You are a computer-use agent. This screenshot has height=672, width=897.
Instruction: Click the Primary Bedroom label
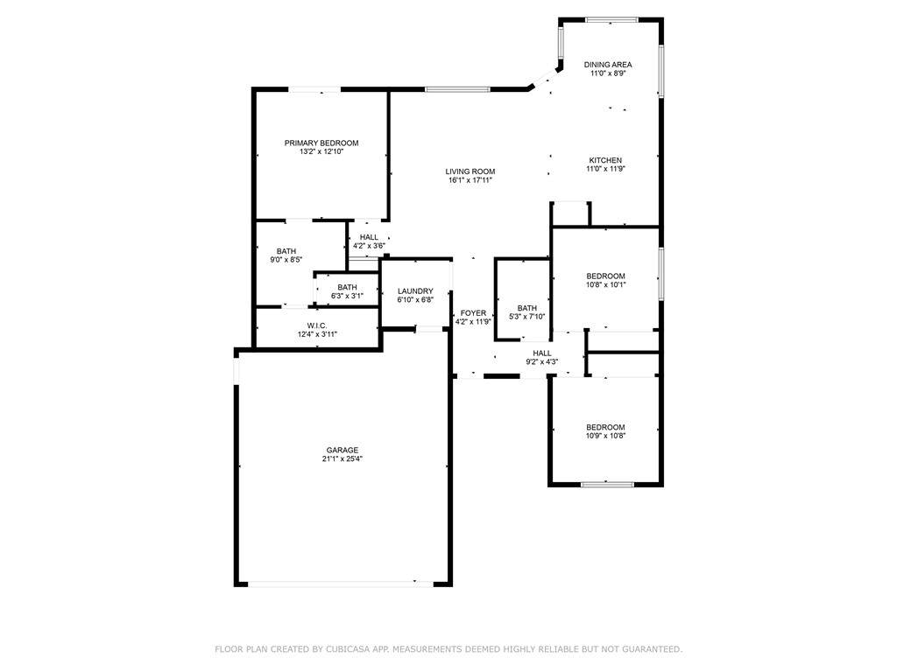321,143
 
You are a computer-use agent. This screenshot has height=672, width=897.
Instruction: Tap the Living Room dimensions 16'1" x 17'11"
470,180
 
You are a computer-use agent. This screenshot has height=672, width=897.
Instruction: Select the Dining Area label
608,65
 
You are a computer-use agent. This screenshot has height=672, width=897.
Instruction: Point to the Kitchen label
605,160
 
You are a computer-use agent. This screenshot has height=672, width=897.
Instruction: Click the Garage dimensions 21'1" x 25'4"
343,458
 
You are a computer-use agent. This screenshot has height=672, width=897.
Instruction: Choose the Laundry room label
415,290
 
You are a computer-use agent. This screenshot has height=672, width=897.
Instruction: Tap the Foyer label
473,313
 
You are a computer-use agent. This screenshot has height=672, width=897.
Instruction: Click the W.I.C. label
317,325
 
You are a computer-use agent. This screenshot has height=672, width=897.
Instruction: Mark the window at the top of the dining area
611,20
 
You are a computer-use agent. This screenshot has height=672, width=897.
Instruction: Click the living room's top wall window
457,89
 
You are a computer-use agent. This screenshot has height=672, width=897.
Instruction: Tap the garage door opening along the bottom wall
341,584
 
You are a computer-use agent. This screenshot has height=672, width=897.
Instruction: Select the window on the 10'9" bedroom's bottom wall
607,485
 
